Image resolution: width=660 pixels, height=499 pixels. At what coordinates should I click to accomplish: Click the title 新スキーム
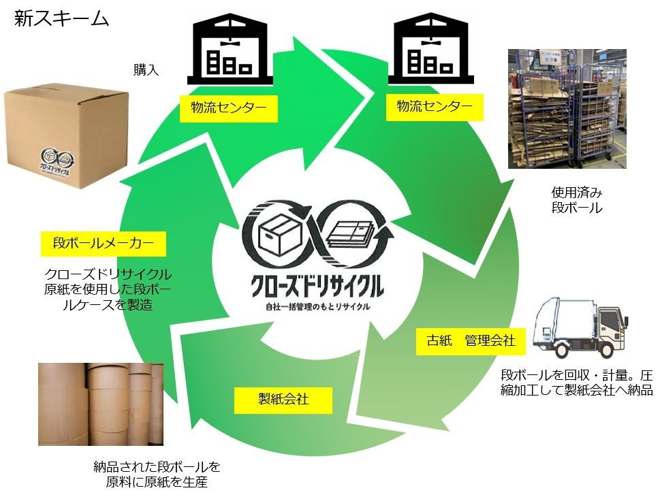[x=61, y=19]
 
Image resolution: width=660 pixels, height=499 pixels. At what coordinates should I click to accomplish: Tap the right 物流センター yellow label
[x=434, y=106]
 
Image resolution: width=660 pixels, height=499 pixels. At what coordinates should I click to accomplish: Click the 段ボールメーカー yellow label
[x=103, y=242]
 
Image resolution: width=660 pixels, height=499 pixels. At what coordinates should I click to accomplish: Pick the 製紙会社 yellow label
[x=283, y=399]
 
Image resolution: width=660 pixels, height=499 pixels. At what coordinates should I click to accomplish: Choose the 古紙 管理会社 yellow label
[x=470, y=340]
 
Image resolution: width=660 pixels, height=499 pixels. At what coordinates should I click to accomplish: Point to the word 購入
[x=146, y=69]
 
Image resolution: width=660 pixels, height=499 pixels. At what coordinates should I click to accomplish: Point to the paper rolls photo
[x=101, y=404]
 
